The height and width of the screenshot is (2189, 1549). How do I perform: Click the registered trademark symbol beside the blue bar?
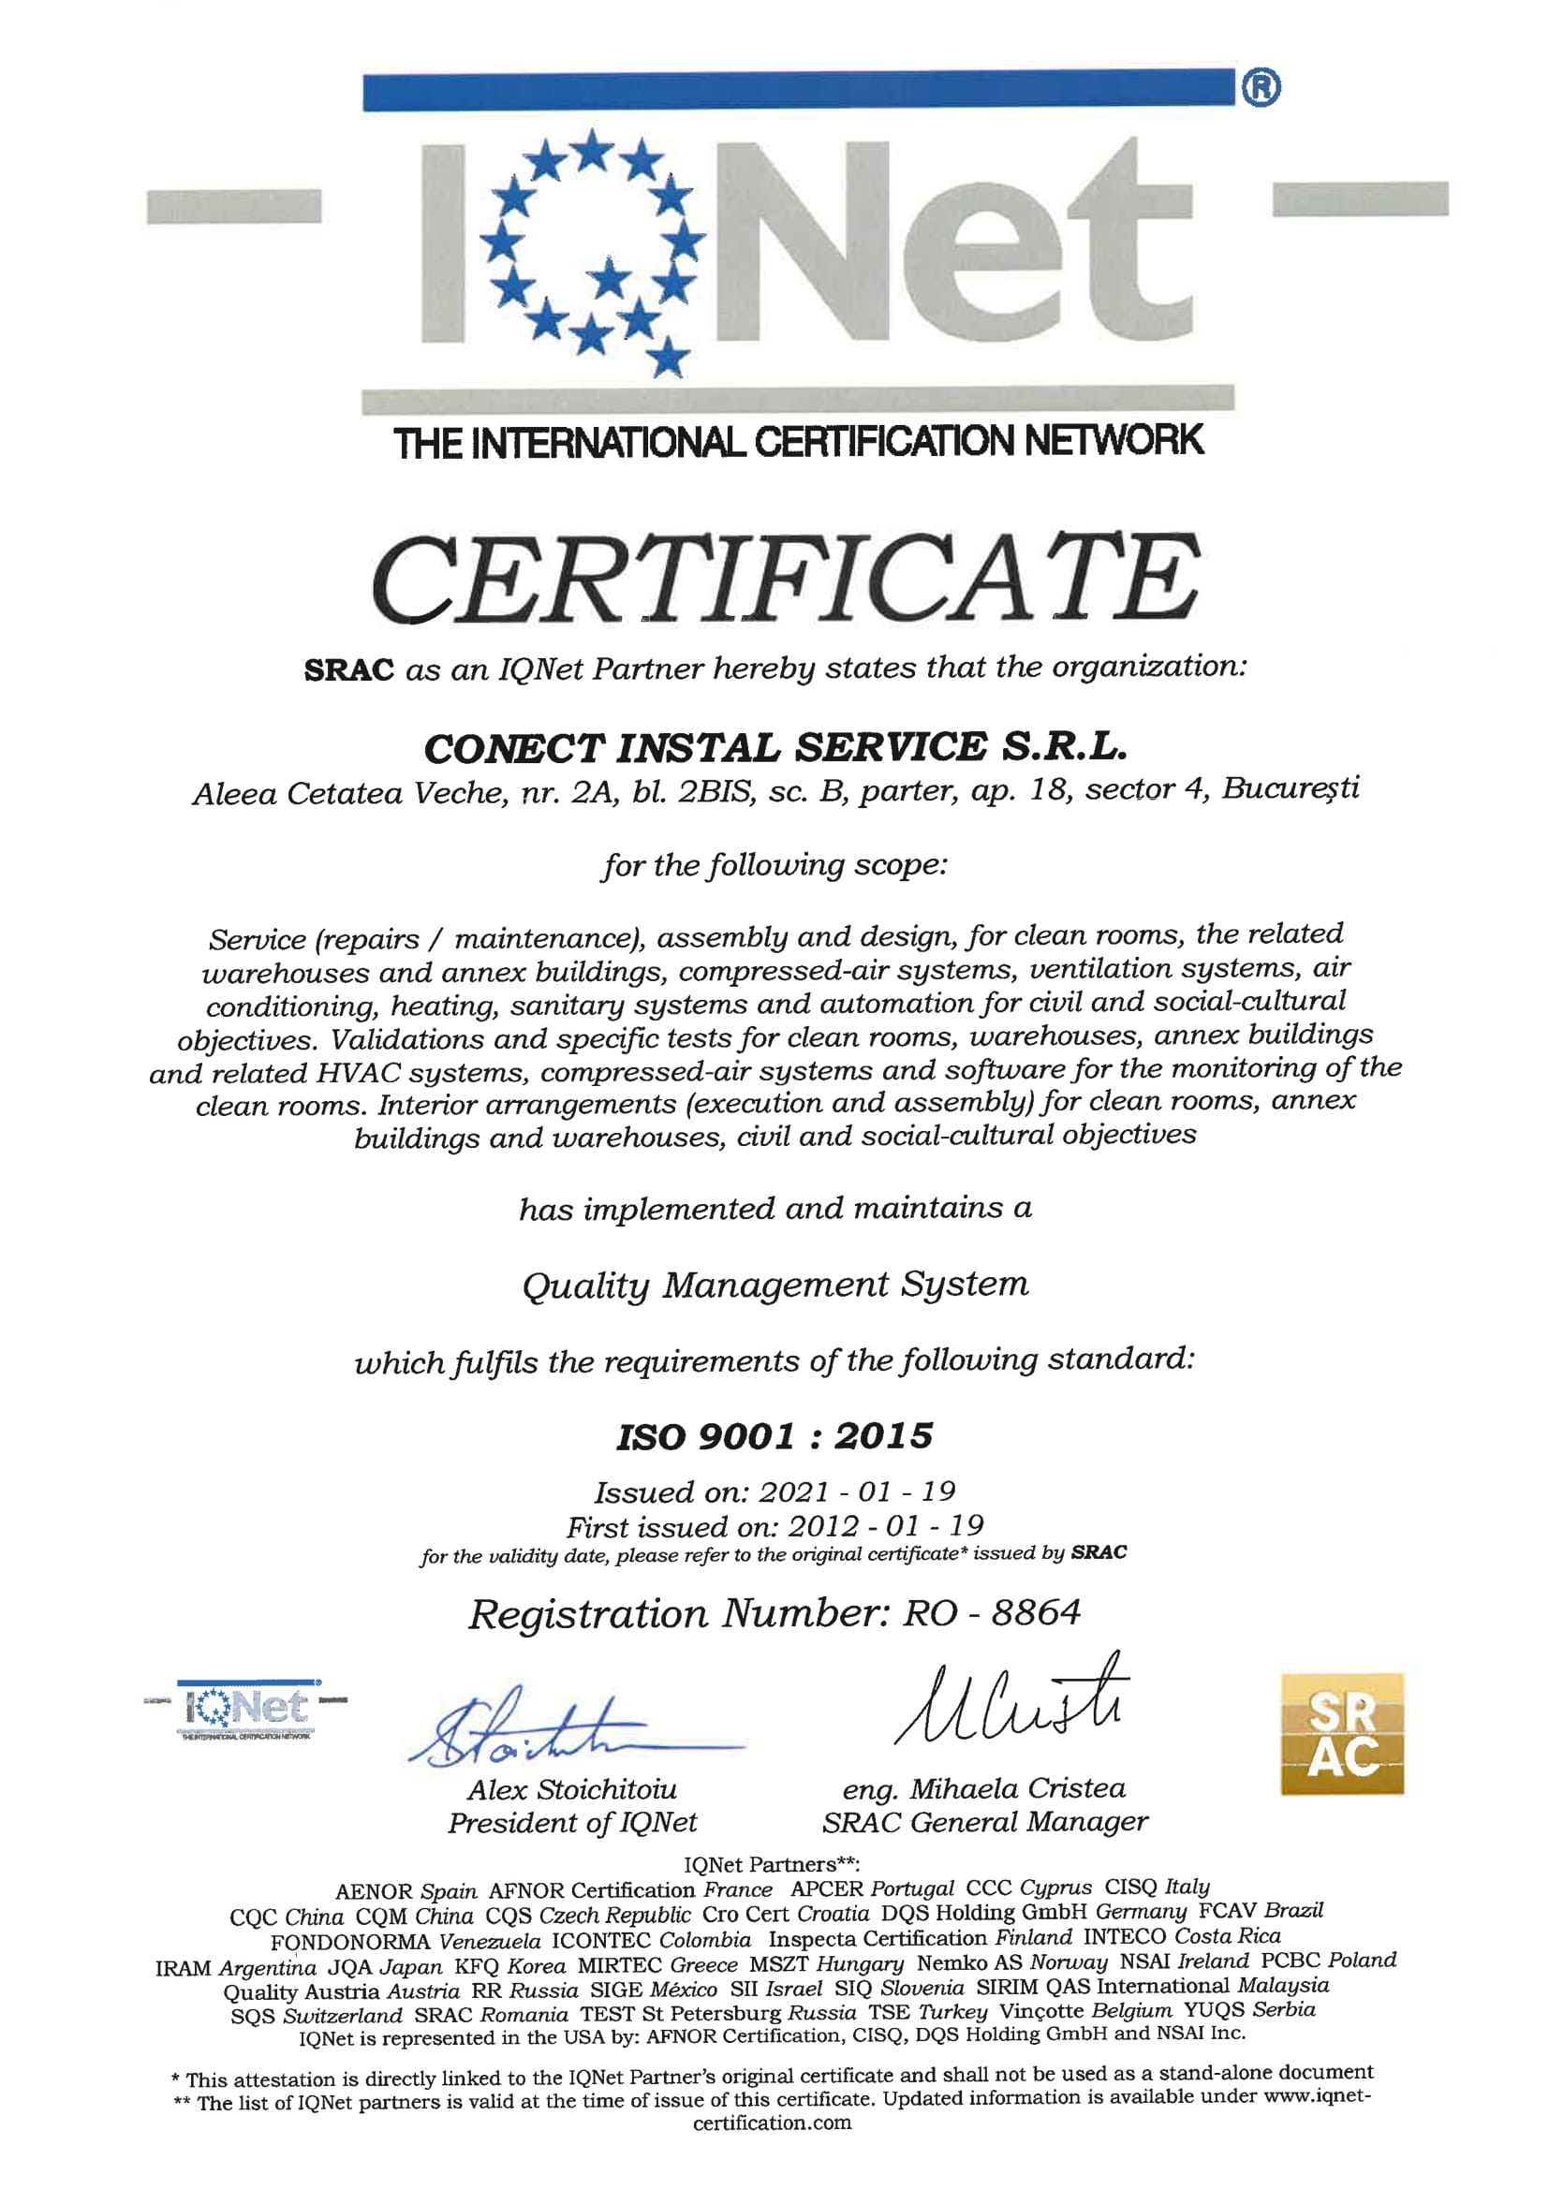(1261, 88)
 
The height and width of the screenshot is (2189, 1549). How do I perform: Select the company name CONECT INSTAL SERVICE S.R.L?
(775, 747)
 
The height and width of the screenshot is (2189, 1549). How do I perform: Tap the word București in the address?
(1290, 788)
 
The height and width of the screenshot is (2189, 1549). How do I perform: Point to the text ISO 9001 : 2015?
(774, 1436)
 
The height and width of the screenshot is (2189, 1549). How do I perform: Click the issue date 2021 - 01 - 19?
(858, 1491)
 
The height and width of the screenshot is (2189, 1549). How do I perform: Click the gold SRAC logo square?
(1341, 1734)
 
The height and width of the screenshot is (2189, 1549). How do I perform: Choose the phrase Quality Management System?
(775, 1285)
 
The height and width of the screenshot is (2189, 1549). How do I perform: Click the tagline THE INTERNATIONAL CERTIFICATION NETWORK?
(798, 442)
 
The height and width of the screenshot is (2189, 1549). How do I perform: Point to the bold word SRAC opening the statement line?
(349, 670)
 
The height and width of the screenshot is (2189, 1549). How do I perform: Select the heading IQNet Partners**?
(773, 1864)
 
